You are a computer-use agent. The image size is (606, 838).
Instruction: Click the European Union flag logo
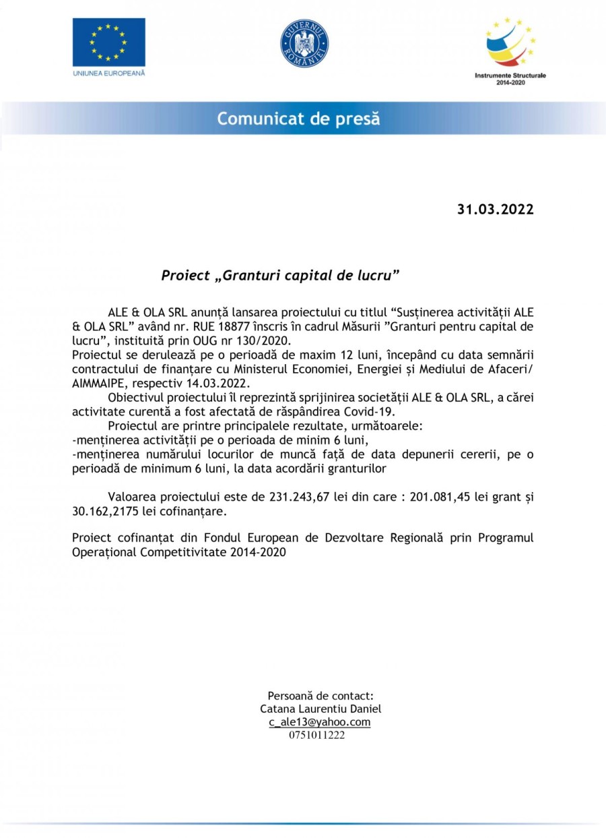click(108, 42)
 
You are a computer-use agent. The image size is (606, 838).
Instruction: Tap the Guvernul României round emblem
click(304, 43)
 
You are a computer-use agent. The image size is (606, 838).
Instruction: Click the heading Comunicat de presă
click(298, 119)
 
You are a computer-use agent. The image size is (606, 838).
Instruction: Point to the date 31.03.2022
click(496, 210)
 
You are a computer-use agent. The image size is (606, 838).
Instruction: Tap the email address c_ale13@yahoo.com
click(320, 722)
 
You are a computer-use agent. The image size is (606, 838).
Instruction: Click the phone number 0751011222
click(316, 736)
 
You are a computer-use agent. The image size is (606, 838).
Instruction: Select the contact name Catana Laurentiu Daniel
click(321, 709)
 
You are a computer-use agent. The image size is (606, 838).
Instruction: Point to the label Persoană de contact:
click(321, 695)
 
